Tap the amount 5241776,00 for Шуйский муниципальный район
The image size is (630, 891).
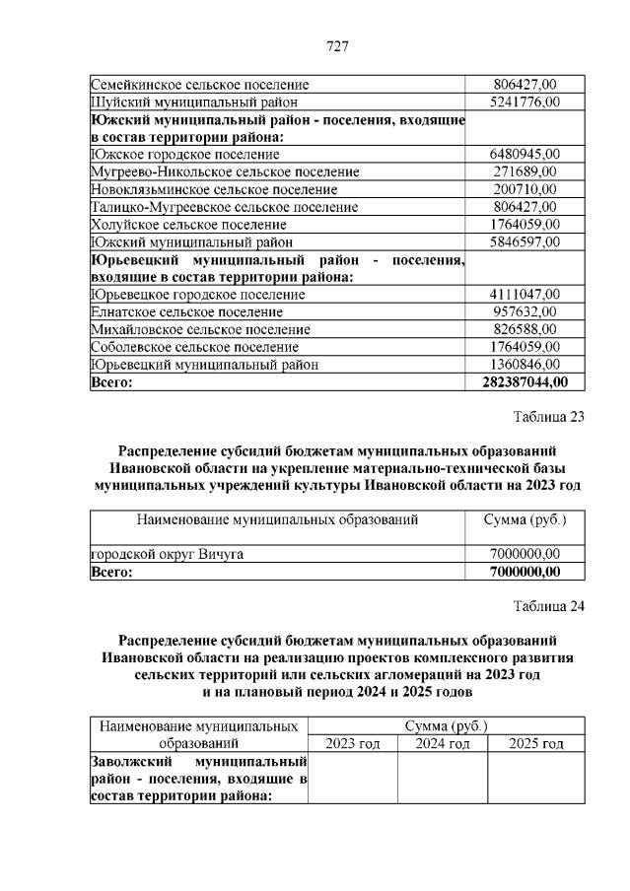tap(525, 102)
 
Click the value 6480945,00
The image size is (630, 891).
tap(525, 154)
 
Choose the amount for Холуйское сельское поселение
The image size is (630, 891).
tap(525, 224)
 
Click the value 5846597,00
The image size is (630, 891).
tap(525, 241)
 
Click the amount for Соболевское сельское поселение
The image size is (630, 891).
tap(525, 347)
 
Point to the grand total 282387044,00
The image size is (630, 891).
tap(525, 382)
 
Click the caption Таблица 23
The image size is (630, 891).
tap(548, 416)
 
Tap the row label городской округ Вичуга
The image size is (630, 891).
tap(168, 554)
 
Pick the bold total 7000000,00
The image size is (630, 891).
tap(525, 572)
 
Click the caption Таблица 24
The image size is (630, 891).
tap(548, 606)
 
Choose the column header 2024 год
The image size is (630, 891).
tap(442, 743)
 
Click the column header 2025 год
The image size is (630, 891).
tap(535, 743)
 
